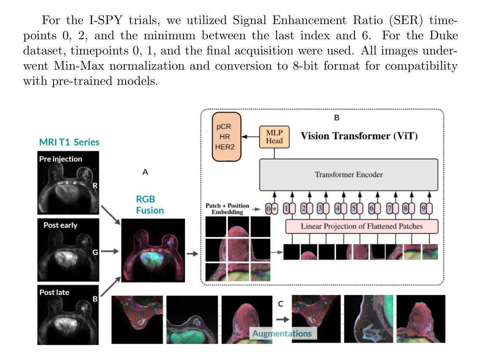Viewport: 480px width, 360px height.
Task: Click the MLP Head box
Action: click(x=274, y=137)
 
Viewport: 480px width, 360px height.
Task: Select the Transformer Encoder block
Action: click(x=349, y=175)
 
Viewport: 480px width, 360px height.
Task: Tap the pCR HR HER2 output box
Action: click(x=227, y=137)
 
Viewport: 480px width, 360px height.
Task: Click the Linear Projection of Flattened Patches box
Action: click(x=361, y=226)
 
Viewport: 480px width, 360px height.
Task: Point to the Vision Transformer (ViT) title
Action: click(x=359, y=136)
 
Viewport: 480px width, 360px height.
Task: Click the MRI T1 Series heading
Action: click(x=69, y=142)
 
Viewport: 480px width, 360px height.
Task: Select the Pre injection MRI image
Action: click(x=68, y=183)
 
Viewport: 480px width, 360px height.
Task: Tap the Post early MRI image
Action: click(x=68, y=250)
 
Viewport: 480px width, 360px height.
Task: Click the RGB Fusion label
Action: click(x=150, y=205)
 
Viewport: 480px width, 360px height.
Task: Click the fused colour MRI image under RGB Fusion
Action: click(x=153, y=250)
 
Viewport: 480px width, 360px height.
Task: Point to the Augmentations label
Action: click(x=282, y=333)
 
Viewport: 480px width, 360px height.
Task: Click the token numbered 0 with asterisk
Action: click(x=272, y=209)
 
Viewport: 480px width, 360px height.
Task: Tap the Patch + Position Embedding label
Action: click(x=227, y=208)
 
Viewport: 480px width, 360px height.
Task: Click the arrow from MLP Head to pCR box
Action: click(x=250, y=137)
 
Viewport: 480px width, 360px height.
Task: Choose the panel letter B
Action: click(x=337, y=118)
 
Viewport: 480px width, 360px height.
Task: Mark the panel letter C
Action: click(x=281, y=303)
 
